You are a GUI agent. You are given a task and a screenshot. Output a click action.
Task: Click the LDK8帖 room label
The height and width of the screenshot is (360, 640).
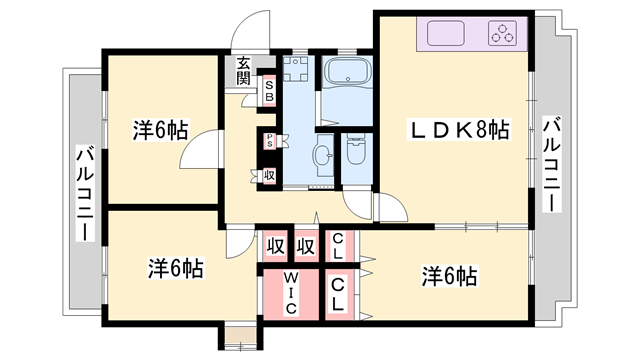(459, 130)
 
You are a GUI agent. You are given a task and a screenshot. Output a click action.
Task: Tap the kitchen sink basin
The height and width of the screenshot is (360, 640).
(446, 33)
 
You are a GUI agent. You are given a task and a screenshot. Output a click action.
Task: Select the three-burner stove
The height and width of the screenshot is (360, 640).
(502, 33)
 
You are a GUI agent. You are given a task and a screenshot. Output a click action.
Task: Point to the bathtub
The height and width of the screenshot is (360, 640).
(347, 72)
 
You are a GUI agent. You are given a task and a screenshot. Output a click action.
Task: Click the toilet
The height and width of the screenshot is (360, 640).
(356, 149)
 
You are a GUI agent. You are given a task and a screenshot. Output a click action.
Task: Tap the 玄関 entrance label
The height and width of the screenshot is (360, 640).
(243, 71)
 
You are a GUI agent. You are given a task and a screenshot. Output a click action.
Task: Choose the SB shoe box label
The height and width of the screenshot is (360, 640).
(269, 91)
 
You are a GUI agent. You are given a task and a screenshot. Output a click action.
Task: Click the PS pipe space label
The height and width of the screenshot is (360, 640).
(269, 140)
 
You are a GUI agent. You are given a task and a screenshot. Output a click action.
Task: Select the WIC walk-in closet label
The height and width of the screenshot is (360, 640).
(290, 293)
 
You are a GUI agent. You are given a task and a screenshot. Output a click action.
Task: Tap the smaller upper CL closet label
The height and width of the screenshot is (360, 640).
(337, 246)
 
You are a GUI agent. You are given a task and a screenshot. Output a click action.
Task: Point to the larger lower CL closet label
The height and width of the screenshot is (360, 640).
(337, 294)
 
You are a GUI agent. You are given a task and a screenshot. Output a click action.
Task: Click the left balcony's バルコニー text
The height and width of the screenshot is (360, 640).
(85, 193)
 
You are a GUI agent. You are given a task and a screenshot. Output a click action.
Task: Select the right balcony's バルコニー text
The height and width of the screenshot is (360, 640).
(551, 164)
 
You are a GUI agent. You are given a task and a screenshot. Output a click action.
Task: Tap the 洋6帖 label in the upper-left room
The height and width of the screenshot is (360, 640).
(160, 130)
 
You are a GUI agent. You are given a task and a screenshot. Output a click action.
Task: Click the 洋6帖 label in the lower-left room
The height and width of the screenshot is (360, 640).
(176, 268)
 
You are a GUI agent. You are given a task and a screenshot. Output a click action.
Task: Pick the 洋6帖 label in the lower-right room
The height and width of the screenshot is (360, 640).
(449, 276)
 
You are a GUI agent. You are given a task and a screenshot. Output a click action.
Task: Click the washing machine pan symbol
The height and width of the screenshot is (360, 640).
(295, 69)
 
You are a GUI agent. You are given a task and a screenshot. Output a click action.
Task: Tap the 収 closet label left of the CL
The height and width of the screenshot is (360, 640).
(306, 247)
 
